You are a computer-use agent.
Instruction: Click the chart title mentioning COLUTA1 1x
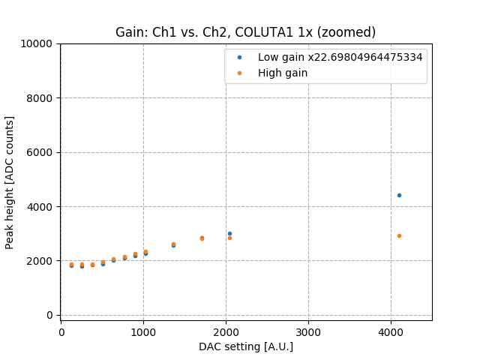245,32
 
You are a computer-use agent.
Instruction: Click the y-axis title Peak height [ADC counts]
10,182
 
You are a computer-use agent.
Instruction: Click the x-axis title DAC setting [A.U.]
245,346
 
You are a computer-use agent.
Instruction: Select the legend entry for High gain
283,73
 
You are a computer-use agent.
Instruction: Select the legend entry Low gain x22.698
340,57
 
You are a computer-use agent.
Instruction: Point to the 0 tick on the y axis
49,315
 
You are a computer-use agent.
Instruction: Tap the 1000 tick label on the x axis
144,331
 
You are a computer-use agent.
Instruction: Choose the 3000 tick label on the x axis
308,331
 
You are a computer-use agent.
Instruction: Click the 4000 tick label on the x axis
391,331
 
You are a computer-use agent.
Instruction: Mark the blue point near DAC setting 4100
399,195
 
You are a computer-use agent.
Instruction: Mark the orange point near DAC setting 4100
399,235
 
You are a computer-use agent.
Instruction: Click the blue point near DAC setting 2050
229,233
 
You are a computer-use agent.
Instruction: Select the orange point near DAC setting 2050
229,238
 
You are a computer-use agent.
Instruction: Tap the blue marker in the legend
239,57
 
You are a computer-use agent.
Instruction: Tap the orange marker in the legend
239,73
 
